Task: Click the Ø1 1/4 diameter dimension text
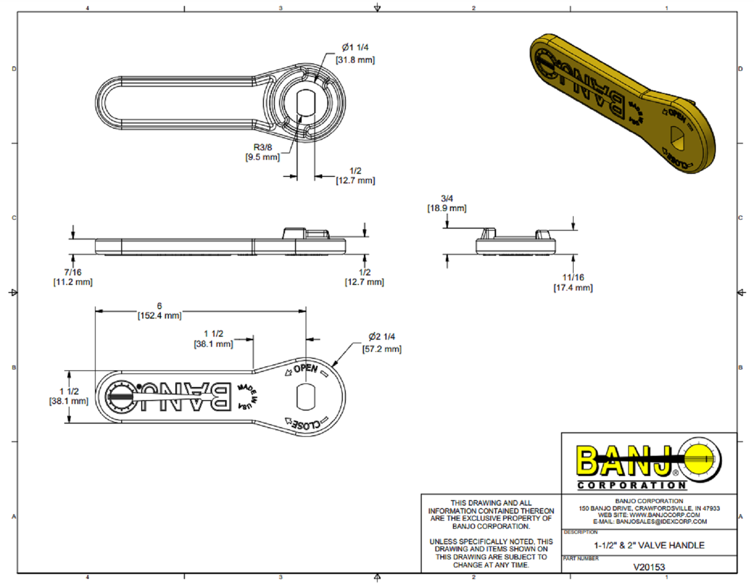[x=355, y=48]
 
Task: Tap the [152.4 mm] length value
[x=159, y=315]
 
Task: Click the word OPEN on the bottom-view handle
[x=305, y=369]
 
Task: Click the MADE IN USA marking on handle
[x=248, y=396]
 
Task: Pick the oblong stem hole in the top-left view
[x=306, y=101]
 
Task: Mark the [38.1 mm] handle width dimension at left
[x=68, y=401]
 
